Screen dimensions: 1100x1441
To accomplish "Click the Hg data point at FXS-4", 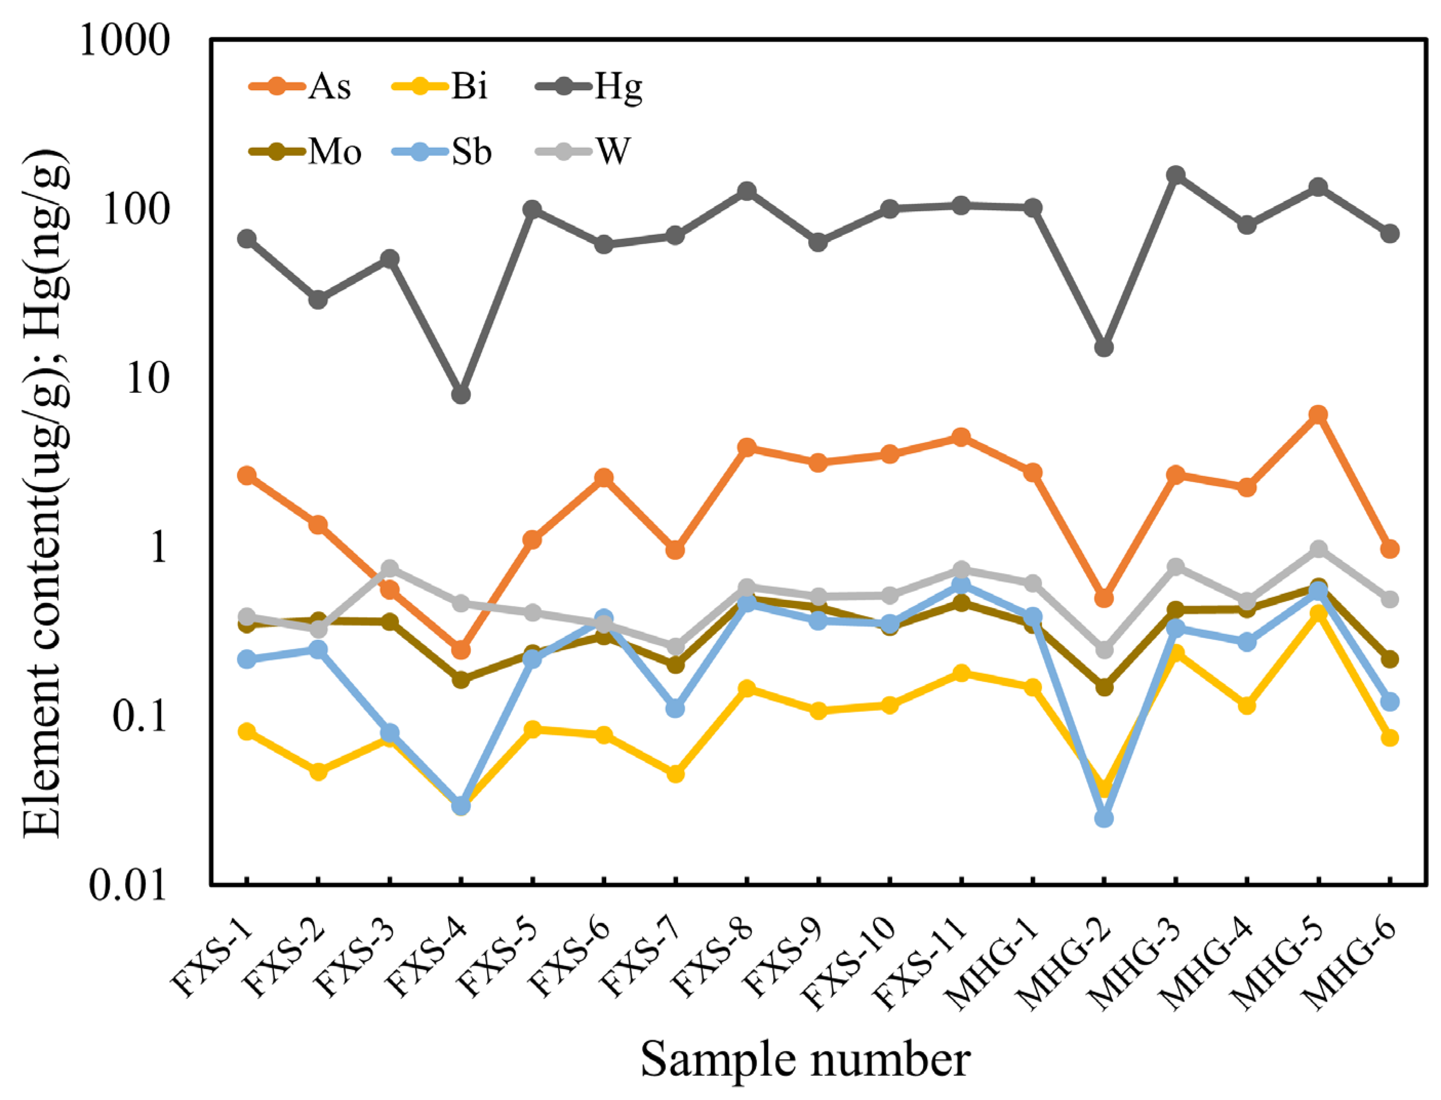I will (461, 394).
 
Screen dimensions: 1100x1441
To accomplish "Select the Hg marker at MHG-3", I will (1176, 175).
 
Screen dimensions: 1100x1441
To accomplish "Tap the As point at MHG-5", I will (1318, 414).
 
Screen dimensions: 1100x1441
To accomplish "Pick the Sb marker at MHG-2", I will (1104, 818).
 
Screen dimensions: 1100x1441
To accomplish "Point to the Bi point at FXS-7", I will (676, 773).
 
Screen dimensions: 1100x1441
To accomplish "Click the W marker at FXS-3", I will (390, 568).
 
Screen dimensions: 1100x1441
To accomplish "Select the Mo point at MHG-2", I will (1104, 687).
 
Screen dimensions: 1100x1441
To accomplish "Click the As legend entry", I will (301, 87).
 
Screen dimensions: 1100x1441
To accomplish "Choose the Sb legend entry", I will (443, 152).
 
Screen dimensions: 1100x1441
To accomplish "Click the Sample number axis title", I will (805, 1059).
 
